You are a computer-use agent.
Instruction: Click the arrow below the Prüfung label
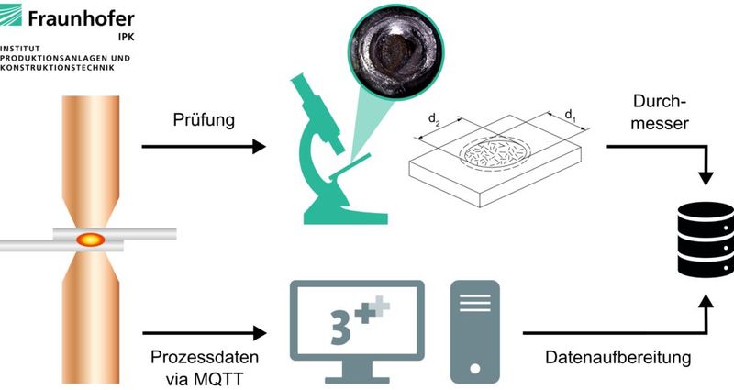click(x=203, y=146)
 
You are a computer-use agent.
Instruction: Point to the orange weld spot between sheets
click(x=90, y=239)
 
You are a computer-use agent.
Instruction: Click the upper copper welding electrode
click(x=90, y=156)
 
